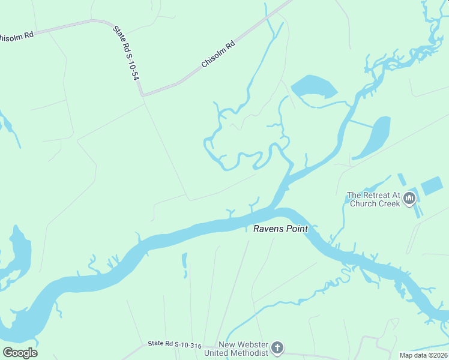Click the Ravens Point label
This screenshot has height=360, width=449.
[280, 229]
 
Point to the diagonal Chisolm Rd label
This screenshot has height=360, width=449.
[217, 54]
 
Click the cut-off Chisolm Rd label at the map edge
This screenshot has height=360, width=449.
[16, 36]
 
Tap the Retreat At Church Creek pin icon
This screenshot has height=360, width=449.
[410, 197]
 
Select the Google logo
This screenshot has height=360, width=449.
[20, 353]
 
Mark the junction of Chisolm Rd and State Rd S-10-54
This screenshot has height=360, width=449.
[142, 95]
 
